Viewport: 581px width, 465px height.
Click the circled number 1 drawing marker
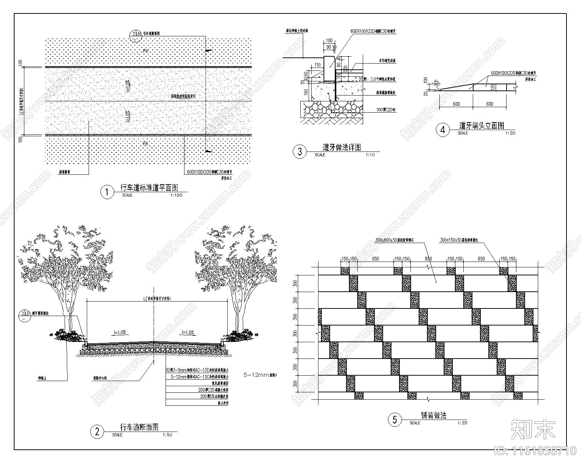pyautogui.click(x=107, y=192)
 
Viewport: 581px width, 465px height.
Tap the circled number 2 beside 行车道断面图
pyautogui.click(x=97, y=432)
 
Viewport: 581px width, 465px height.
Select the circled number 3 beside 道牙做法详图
pyautogui.click(x=300, y=151)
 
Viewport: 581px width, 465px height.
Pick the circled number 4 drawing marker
pyautogui.click(x=443, y=130)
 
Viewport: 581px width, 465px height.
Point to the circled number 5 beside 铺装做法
pyautogui.click(x=395, y=420)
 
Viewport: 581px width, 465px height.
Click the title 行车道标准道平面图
pyautogui.click(x=149, y=188)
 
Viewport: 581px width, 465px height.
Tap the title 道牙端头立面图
pyautogui.click(x=482, y=126)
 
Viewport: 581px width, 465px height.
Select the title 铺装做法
pyautogui.click(x=434, y=415)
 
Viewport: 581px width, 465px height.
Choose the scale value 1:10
pyautogui.click(x=370, y=155)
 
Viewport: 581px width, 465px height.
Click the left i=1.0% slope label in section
pyautogui.click(x=119, y=332)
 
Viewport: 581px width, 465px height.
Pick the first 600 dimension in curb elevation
pyautogui.click(x=456, y=104)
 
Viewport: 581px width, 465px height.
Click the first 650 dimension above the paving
pyautogui.click(x=375, y=259)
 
